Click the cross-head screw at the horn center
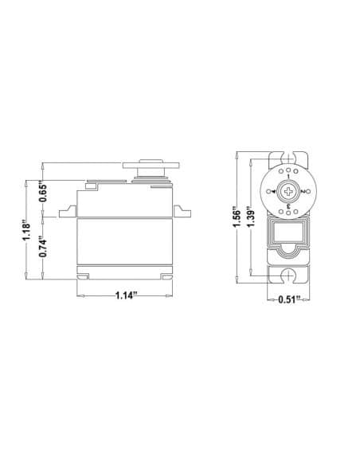click(x=288, y=192)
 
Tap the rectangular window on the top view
click(x=288, y=234)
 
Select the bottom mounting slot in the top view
click(x=288, y=275)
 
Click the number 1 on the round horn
click(x=288, y=176)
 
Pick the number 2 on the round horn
click(x=303, y=192)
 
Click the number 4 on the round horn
click(x=272, y=192)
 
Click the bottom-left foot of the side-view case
click(x=84, y=276)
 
